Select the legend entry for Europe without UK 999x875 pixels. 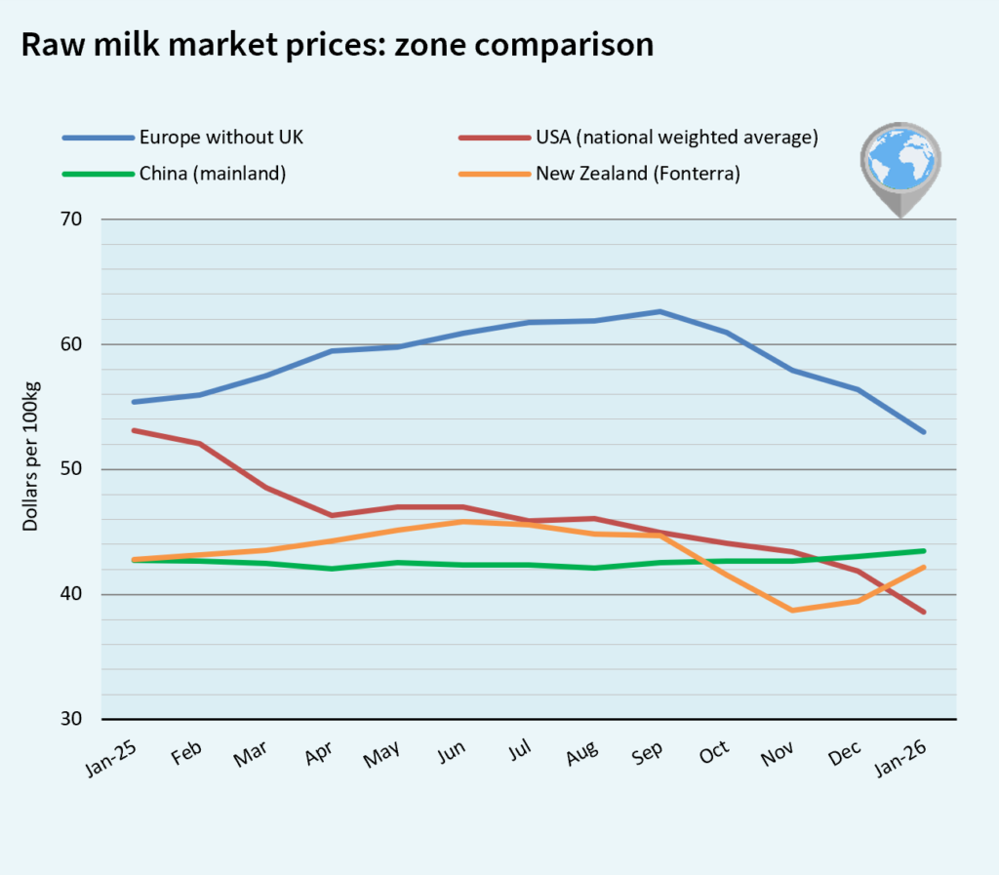[220, 137]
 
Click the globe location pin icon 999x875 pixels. [900, 168]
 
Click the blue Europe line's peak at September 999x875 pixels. [660, 312]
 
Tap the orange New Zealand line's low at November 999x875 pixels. [792, 611]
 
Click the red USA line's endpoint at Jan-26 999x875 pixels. [923, 612]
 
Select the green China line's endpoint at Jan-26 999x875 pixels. [923, 551]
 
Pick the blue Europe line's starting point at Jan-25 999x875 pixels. [134, 402]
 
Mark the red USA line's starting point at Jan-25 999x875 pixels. [134, 430]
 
